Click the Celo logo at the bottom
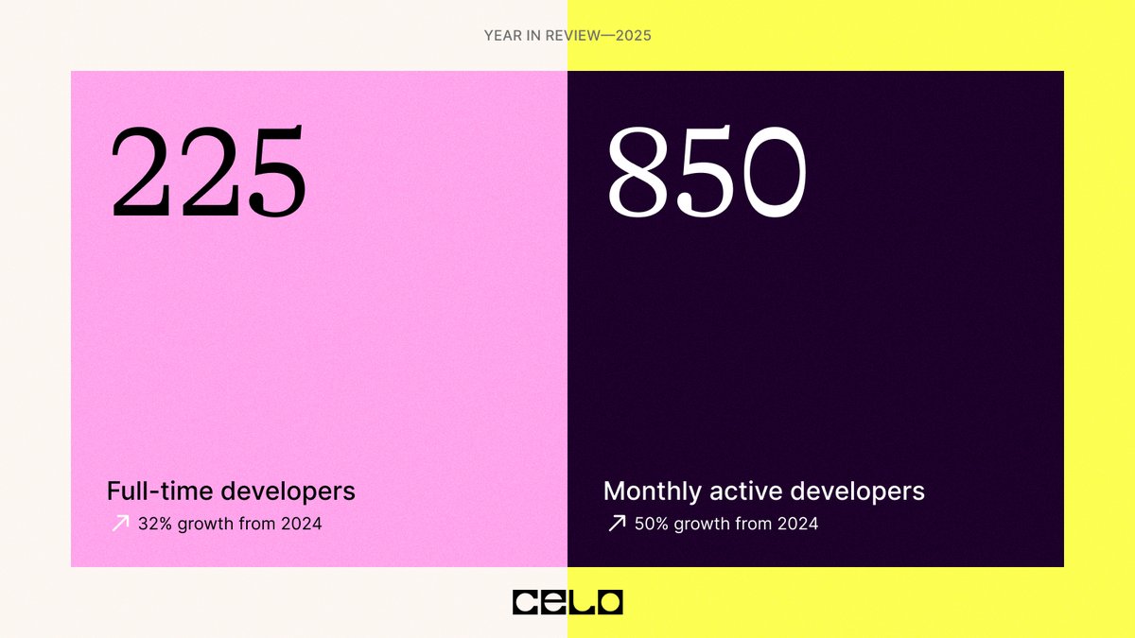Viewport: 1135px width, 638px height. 567,602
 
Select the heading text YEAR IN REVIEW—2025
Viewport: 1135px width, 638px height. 567,36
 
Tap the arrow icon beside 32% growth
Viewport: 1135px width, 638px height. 120,523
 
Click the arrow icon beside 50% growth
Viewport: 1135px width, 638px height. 617,523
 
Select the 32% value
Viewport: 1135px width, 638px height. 154,523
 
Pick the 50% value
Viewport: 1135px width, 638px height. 652,523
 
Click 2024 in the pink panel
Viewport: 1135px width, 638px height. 301,523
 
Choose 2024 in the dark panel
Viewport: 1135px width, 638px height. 797,523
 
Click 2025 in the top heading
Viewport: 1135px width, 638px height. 631,36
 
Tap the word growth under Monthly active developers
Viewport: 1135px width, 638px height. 704,524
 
